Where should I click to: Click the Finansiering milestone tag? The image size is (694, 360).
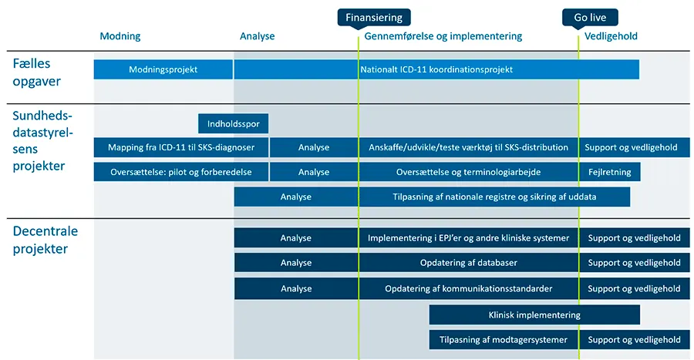point(374,17)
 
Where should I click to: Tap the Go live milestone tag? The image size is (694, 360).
point(591,17)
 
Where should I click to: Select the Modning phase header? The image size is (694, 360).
point(120,36)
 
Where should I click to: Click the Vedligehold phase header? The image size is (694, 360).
point(611,36)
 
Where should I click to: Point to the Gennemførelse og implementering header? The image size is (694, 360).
point(443,36)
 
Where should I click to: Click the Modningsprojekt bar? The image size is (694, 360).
point(163,69)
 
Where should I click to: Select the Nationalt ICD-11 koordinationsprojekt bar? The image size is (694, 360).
point(436,69)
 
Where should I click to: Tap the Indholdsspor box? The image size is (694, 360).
point(234,123)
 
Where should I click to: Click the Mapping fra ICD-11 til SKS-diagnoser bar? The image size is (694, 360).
point(180,147)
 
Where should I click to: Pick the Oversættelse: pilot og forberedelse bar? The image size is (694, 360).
point(180,172)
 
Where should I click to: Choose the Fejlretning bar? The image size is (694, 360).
point(609,172)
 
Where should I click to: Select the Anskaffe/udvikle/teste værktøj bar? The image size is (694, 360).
point(469,147)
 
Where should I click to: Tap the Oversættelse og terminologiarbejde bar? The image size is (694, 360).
point(469,172)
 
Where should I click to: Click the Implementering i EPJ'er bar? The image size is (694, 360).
point(469,238)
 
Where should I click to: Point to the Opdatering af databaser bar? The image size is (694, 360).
point(469,263)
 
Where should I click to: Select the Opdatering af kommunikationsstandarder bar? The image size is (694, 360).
point(469,289)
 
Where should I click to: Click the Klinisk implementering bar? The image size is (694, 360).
point(534,315)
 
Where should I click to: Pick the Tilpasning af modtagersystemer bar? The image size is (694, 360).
point(504,339)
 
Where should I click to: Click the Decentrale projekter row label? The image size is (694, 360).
point(45,240)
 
